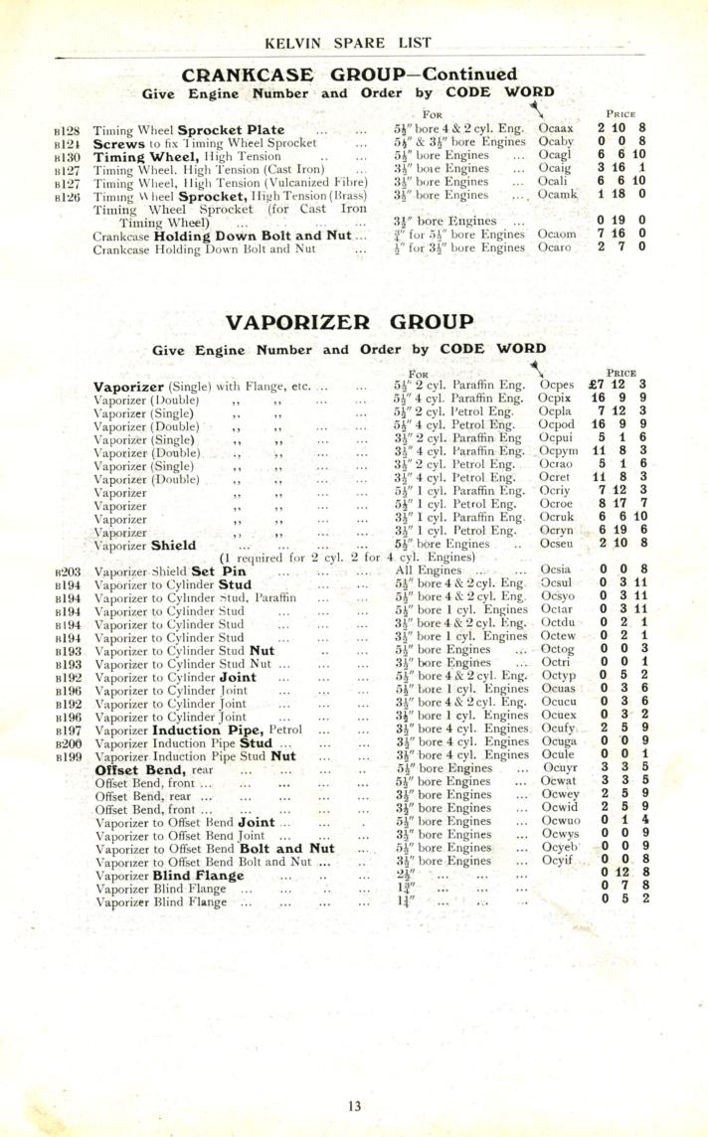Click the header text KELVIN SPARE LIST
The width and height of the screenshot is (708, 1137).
[x=354, y=43]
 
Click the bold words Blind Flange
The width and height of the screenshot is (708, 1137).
[x=199, y=876]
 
